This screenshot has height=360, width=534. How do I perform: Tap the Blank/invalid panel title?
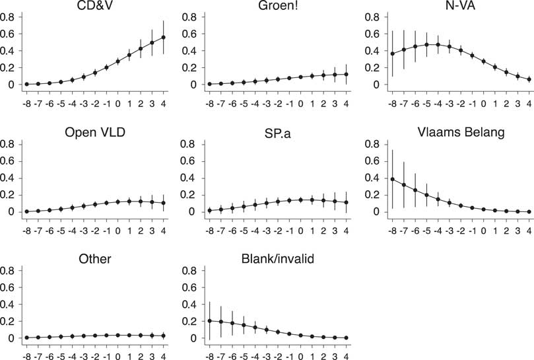(279, 258)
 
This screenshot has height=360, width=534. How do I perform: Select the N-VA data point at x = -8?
(392, 54)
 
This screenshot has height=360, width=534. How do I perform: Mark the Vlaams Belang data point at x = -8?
(392, 179)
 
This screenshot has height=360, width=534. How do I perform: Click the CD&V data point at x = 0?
(119, 61)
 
